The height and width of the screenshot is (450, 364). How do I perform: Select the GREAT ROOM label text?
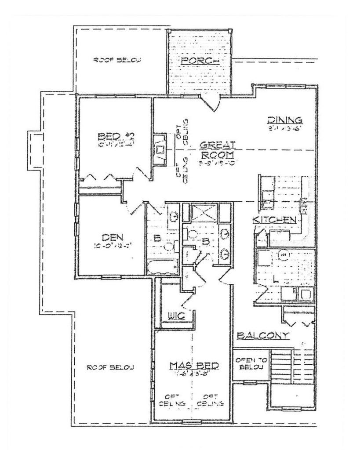[218, 149]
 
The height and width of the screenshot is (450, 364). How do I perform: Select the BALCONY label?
[262, 336]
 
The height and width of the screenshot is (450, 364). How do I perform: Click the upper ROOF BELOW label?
[117, 61]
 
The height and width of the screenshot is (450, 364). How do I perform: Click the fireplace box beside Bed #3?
[160, 150]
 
